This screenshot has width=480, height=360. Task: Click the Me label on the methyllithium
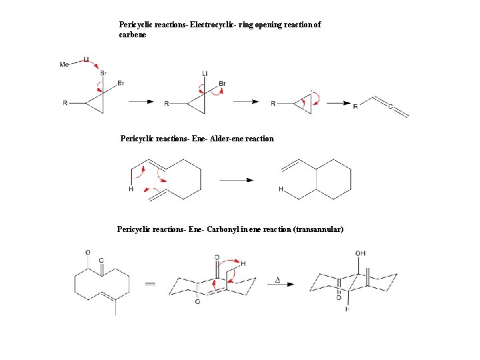(x=64, y=65)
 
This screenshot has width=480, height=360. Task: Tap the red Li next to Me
(x=86, y=59)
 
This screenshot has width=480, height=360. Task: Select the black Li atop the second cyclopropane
(x=205, y=73)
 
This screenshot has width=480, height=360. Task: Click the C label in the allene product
(x=390, y=105)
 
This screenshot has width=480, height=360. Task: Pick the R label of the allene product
(x=355, y=106)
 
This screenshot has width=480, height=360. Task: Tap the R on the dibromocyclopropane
(x=65, y=103)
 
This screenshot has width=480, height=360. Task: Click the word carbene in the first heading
(x=132, y=34)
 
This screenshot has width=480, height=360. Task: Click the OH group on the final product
(x=361, y=253)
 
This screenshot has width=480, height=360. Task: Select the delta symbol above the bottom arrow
(x=277, y=279)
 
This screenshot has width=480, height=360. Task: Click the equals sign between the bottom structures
(x=151, y=284)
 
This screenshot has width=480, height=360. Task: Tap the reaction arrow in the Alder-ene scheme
(x=237, y=180)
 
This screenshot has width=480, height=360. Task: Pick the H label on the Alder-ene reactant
(x=131, y=189)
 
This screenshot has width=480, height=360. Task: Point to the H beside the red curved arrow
(x=243, y=263)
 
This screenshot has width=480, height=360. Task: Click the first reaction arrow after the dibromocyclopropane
(x=141, y=102)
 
